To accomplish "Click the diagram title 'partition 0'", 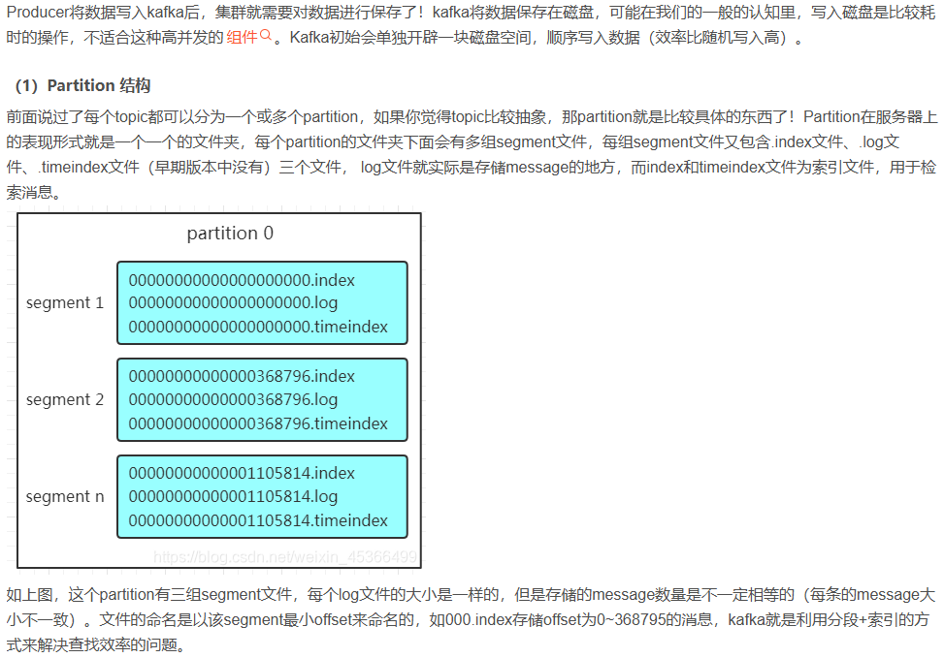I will [x=230, y=234].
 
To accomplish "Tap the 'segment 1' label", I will [x=65, y=302].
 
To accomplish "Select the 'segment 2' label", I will [x=65, y=399].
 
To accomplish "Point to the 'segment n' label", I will [x=65, y=496].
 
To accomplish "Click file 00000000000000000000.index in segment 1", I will [x=242, y=280].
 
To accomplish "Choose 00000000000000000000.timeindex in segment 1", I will [x=258, y=327].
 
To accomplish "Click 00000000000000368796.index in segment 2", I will [x=242, y=376].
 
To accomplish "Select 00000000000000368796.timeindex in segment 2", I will [x=258, y=423].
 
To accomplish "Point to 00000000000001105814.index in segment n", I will [x=242, y=473].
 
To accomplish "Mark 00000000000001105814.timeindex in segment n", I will [x=258, y=520].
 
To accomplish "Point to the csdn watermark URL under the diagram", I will [x=286, y=557].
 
